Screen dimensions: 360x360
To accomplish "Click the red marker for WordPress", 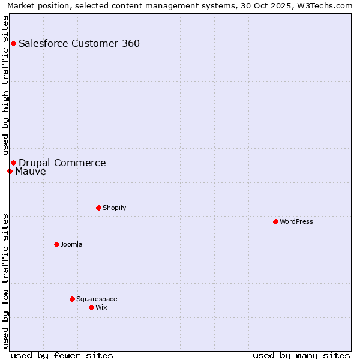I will point(275,221).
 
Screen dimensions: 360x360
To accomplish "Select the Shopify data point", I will point(98,208).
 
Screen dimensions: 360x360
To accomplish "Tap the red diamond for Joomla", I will point(56,244).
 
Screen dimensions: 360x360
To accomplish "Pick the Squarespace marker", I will point(72,299).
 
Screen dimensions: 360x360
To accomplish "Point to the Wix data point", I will point(91,307).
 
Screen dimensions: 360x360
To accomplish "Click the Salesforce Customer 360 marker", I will point(13,43).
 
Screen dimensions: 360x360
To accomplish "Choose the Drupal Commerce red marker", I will point(13,163).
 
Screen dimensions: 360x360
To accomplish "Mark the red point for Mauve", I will point(10,171).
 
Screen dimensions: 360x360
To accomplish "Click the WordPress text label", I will point(296,221).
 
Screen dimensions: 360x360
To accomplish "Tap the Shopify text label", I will point(114,208).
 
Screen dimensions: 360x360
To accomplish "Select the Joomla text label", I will point(71,244).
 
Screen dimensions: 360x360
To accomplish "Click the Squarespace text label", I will point(97,299).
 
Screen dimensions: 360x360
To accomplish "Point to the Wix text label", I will point(101,307).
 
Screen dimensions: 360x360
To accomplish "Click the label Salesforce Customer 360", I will point(79,43).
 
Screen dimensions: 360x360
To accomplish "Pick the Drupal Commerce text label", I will point(62,163).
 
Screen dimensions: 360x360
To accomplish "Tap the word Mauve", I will point(31,172).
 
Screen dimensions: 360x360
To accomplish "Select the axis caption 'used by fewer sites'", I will point(62,355).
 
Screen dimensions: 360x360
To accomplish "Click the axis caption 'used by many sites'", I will point(301,355).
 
